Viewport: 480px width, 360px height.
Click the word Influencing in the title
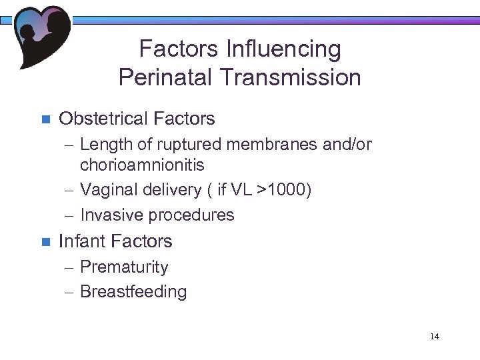pyautogui.click(x=284, y=49)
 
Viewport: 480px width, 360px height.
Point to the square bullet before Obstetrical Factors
pyautogui.click(x=46, y=120)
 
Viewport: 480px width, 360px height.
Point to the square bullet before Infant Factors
pyautogui.click(x=46, y=242)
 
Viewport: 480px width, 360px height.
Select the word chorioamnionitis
pyautogui.click(x=142, y=164)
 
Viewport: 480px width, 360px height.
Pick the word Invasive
pyautogui.click(x=111, y=215)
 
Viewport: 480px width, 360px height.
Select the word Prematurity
pyautogui.click(x=124, y=267)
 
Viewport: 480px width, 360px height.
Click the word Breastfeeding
pyautogui.click(x=133, y=291)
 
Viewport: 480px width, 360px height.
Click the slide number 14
pyautogui.click(x=434, y=336)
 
